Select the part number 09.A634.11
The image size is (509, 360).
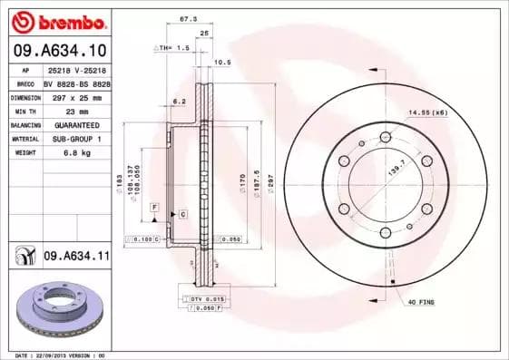(x=76, y=257)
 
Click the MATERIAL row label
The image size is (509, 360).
(x=24, y=139)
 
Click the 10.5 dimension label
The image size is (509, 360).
(x=220, y=63)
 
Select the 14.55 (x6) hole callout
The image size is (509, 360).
(x=427, y=112)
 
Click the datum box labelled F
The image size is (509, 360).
(x=155, y=208)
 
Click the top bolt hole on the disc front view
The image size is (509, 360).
(x=385, y=135)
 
